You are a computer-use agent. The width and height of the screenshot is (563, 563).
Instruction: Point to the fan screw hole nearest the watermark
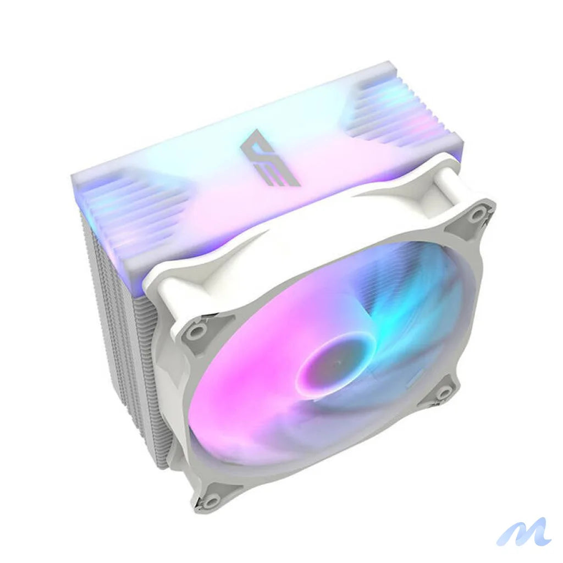(x=443, y=391)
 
